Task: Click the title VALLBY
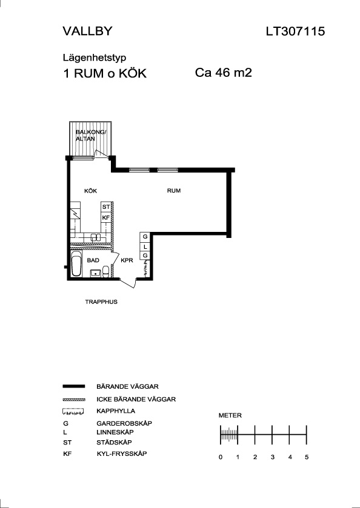tap(87, 31)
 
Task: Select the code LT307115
tap(295, 31)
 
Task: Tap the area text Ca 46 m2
tap(224, 73)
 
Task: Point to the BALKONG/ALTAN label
tap(91, 135)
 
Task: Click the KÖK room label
tap(90, 191)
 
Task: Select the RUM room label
tap(174, 191)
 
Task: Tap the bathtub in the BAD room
tap(76, 264)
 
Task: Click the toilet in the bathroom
tap(105, 271)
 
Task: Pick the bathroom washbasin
tap(95, 274)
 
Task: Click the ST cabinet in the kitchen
tap(106, 206)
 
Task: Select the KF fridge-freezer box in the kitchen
tap(106, 218)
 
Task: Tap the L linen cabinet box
tap(145, 246)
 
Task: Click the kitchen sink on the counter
tap(96, 237)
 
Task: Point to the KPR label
tap(127, 260)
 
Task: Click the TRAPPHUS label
tap(101, 302)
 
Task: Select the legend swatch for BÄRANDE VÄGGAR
tap(73, 386)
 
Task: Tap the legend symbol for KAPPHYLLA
tap(73, 412)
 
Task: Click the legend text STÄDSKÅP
tap(114, 442)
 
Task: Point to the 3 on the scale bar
tap(273, 457)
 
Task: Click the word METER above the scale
tap(230, 415)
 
